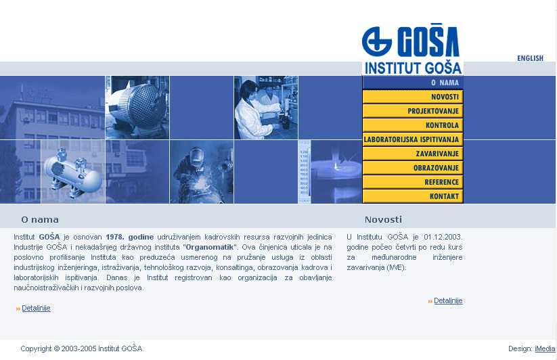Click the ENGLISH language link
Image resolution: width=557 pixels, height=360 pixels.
(530, 58)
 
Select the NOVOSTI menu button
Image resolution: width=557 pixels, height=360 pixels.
(413, 97)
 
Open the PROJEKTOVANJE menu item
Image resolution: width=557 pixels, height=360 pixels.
(413, 111)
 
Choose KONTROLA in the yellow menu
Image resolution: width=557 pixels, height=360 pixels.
(413, 125)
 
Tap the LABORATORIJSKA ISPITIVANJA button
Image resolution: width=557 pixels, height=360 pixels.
(413, 139)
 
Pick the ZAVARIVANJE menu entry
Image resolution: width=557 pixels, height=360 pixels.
(413, 154)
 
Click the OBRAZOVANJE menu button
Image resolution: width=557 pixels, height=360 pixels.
(413, 168)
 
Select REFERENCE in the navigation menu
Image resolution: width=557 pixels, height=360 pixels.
(413, 182)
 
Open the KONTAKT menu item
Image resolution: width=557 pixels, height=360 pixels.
(413, 196)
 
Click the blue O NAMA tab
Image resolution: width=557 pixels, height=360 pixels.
(413, 83)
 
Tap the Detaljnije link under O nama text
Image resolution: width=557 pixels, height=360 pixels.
(36, 308)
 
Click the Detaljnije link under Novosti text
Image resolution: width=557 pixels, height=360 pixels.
(448, 300)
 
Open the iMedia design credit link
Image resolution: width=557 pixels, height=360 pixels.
(545, 348)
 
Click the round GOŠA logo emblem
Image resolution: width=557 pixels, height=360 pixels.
(376, 41)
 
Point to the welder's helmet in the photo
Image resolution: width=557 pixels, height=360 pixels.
(196, 156)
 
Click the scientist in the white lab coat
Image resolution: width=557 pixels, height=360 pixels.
(252, 110)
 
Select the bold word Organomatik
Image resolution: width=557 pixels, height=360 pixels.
(210, 247)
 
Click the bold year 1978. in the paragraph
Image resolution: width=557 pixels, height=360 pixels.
(115, 237)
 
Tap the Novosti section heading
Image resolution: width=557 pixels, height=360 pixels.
(383, 220)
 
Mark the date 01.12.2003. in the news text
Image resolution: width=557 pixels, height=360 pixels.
(443, 237)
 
